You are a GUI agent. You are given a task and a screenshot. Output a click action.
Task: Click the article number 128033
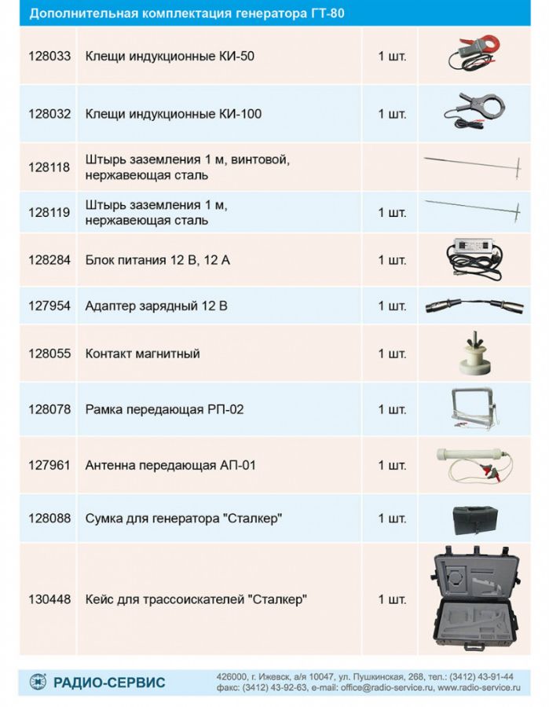pyautogui.click(x=49, y=56)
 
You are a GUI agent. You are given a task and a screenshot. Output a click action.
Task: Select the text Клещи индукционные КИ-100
pyautogui.click(x=174, y=114)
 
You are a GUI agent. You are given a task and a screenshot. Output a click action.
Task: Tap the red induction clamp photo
pyautogui.click(x=474, y=53)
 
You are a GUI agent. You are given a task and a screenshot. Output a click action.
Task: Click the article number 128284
pyautogui.click(x=49, y=260)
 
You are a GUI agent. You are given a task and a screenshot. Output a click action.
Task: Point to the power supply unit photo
pyautogui.click(x=474, y=258)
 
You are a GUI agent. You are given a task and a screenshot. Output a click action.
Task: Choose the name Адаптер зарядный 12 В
pyautogui.click(x=156, y=306)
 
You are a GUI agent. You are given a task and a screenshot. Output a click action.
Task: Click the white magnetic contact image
pyautogui.click(x=474, y=354)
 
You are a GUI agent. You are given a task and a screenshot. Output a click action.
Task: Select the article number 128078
pyautogui.click(x=49, y=409)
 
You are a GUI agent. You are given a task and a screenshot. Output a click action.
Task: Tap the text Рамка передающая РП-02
pyautogui.click(x=164, y=409)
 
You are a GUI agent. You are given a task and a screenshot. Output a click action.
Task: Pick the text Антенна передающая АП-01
pyautogui.click(x=170, y=465)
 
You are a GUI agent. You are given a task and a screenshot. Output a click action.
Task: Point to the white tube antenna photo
pyautogui.click(x=474, y=464)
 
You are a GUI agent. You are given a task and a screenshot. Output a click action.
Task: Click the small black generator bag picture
pyautogui.click(x=475, y=520)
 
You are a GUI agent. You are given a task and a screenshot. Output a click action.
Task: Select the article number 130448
pyautogui.click(x=49, y=599)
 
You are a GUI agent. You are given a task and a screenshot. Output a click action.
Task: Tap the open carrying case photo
pyautogui.click(x=475, y=598)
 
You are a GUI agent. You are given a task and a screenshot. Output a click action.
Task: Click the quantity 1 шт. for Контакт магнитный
pyautogui.click(x=392, y=353)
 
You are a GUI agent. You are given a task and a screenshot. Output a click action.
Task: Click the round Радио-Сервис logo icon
pyautogui.click(x=38, y=682)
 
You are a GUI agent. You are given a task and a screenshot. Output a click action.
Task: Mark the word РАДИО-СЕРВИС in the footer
pyautogui.click(x=109, y=683)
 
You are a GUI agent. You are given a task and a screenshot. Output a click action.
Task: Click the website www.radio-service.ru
pyautogui.click(x=479, y=687)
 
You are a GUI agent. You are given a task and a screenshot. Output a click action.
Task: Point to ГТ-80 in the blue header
pyautogui.click(x=328, y=13)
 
